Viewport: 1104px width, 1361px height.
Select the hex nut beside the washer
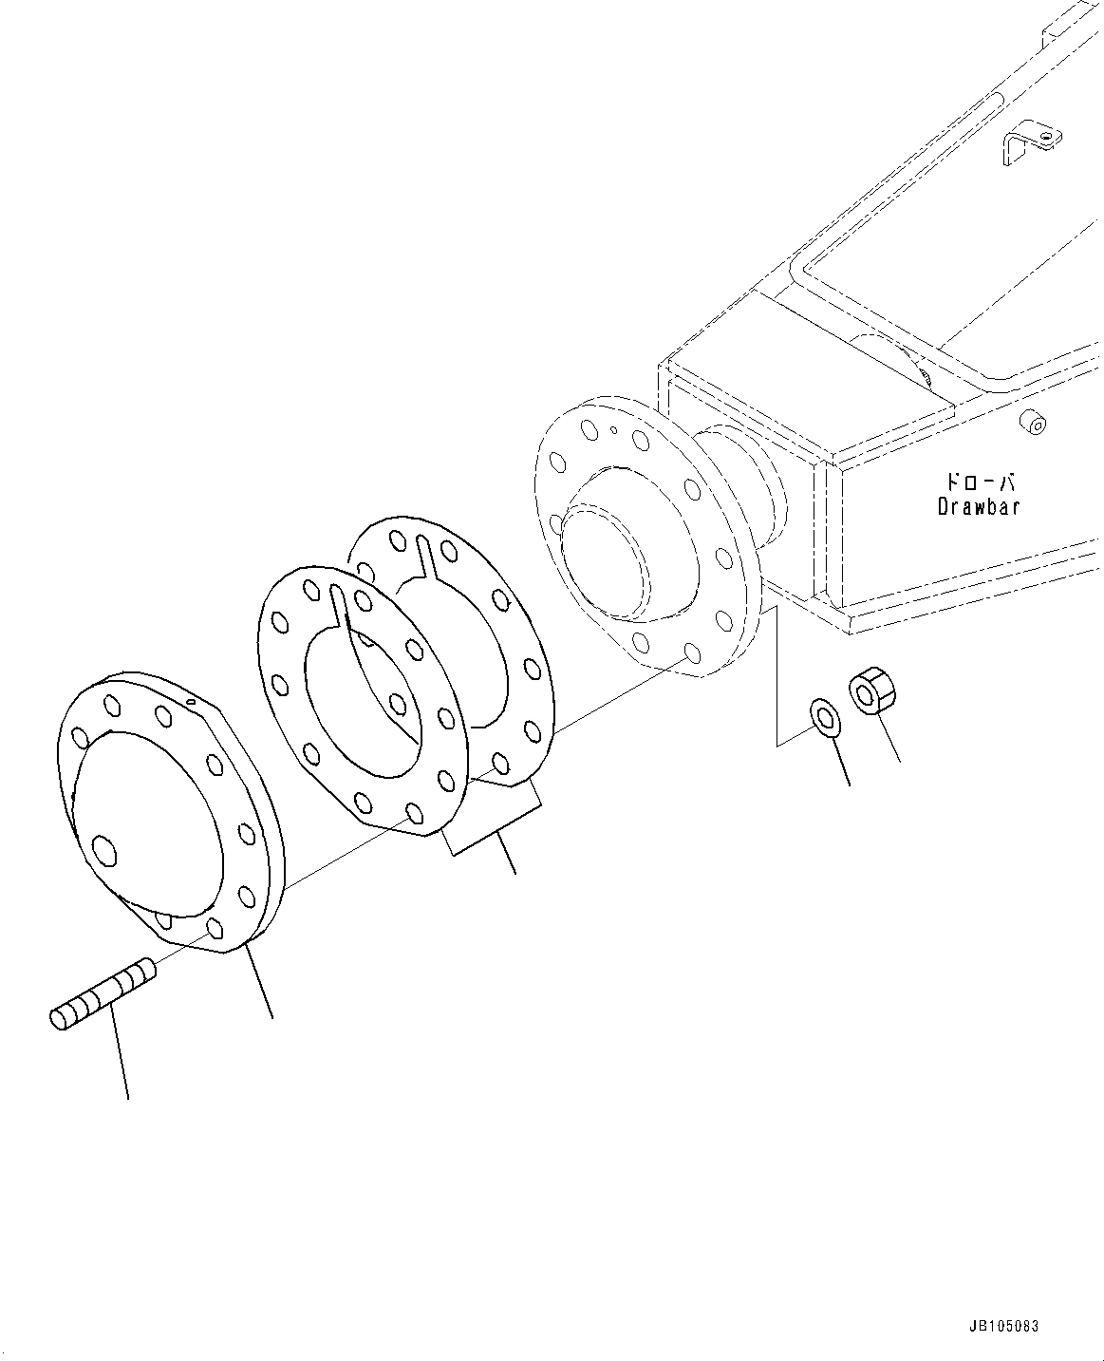point(869,690)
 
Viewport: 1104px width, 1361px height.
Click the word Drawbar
point(979,506)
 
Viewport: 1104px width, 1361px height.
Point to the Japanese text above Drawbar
point(980,482)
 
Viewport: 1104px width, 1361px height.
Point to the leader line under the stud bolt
point(121,1054)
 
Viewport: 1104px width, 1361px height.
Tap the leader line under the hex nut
point(889,741)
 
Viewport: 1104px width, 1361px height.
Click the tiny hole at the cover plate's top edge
point(191,702)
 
